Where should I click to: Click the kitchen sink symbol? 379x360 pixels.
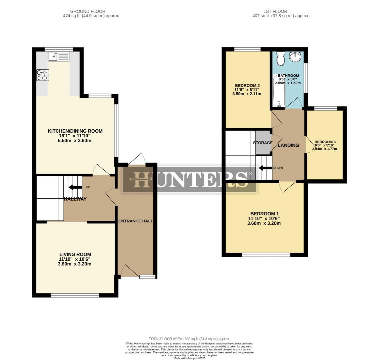58,57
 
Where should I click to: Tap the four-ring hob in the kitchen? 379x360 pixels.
43,75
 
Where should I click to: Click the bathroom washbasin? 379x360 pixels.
295,57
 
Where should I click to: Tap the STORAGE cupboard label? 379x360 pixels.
263,143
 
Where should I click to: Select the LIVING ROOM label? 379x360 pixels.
75,254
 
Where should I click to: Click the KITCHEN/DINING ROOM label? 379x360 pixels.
75,131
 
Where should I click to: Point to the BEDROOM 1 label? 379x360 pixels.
264,214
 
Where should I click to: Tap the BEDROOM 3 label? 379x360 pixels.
325,142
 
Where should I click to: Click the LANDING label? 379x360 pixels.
288,145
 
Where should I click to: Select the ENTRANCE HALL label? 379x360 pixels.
136,221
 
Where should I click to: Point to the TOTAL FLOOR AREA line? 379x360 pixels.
189,339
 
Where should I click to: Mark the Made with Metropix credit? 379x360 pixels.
189,358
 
